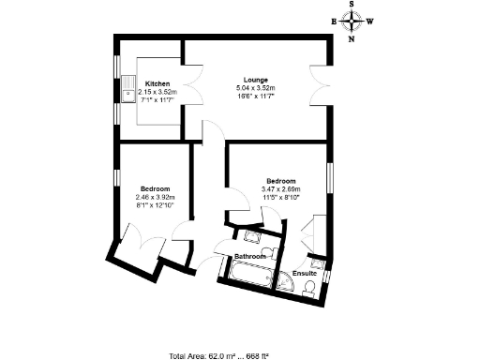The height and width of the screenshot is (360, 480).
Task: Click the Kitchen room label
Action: coord(157,83)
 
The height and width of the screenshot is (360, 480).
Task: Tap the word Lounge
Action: coord(256,80)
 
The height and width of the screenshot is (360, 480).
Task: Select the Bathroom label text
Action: coord(250,256)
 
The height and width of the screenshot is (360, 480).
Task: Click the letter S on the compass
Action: coord(352,6)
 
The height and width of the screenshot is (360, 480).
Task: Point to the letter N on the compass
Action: coord(352,39)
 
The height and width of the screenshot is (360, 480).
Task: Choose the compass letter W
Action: coord(371,22)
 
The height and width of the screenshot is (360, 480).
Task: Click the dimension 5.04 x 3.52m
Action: coord(256,88)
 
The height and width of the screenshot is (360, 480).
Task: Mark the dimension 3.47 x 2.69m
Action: coord(281,190)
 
